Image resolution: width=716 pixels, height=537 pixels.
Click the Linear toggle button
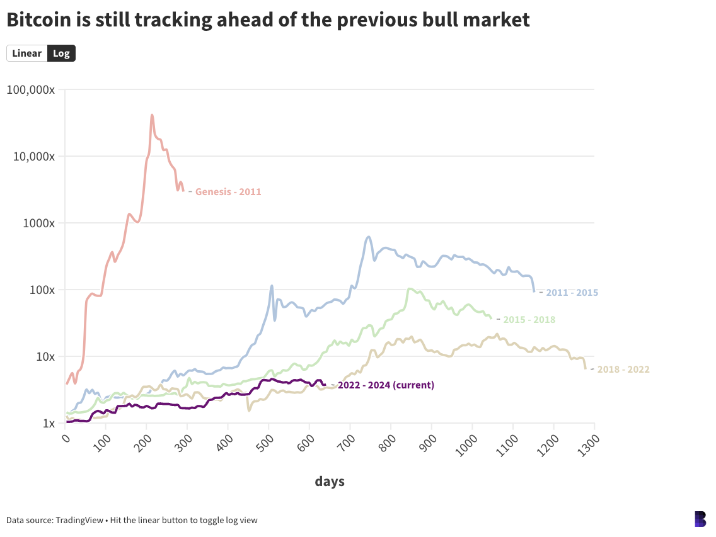pos(26,54)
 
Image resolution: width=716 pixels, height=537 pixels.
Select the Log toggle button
pos(61,54)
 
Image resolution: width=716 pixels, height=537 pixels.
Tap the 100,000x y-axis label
pos(31,90)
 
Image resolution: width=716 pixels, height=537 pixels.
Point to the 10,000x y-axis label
pos(34,156)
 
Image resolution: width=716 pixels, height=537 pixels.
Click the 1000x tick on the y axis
pos(40,223)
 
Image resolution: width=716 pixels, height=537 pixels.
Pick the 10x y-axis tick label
pos(45,356)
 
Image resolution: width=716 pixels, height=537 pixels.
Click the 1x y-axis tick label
pos(49,423)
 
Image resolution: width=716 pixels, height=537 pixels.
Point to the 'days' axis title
pos(330,482)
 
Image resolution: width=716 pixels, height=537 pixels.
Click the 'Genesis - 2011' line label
pos(228,192)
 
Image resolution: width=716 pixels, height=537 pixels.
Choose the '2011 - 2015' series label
pos(572,293)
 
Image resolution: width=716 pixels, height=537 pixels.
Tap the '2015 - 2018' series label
pos(529,320)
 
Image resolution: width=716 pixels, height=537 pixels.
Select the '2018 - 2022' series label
pos(623,370)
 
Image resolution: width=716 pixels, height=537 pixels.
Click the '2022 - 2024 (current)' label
pos(386,385)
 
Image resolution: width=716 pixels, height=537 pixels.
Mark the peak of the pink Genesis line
pos(152,115)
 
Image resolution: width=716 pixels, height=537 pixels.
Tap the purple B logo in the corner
pos(700,519)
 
